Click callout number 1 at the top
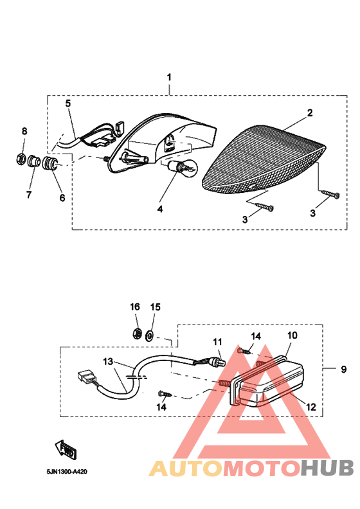[170, 77]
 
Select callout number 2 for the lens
[309, 113]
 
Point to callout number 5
[68, 103]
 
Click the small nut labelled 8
[20, 157]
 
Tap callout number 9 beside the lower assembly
[343, 370]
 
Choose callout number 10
[292, 335]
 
